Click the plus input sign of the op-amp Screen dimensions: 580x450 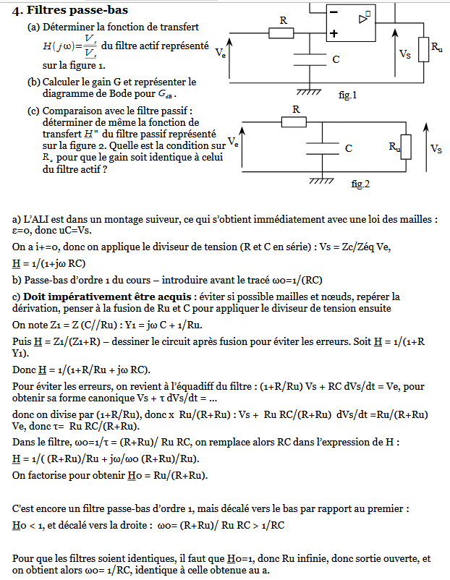click(x=334, y=33)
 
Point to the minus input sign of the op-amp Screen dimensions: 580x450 click(x=334, y=13)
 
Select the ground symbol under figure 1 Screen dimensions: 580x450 click(x=310, y=90)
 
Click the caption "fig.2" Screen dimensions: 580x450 click(x=360, y=184)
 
